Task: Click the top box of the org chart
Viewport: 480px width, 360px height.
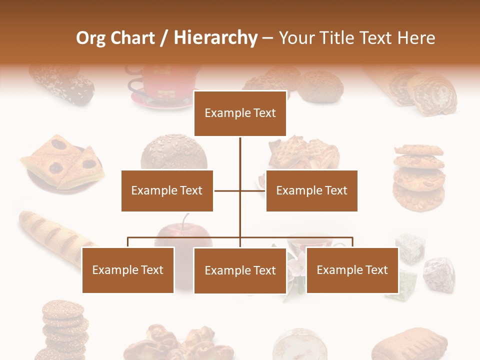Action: point(240,113)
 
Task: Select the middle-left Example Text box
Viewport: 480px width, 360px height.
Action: point(167,190)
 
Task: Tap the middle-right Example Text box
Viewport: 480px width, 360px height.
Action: point(311,190)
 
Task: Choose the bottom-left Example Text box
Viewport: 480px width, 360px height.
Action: point(128,270)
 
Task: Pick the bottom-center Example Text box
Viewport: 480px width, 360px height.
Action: point(240,270)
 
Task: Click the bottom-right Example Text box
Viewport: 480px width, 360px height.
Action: point(352,270)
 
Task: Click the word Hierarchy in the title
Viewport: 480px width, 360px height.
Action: point(215,38)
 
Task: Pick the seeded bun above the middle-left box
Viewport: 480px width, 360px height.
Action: point(173,152)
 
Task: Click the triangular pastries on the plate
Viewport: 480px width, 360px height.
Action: point(62,162)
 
